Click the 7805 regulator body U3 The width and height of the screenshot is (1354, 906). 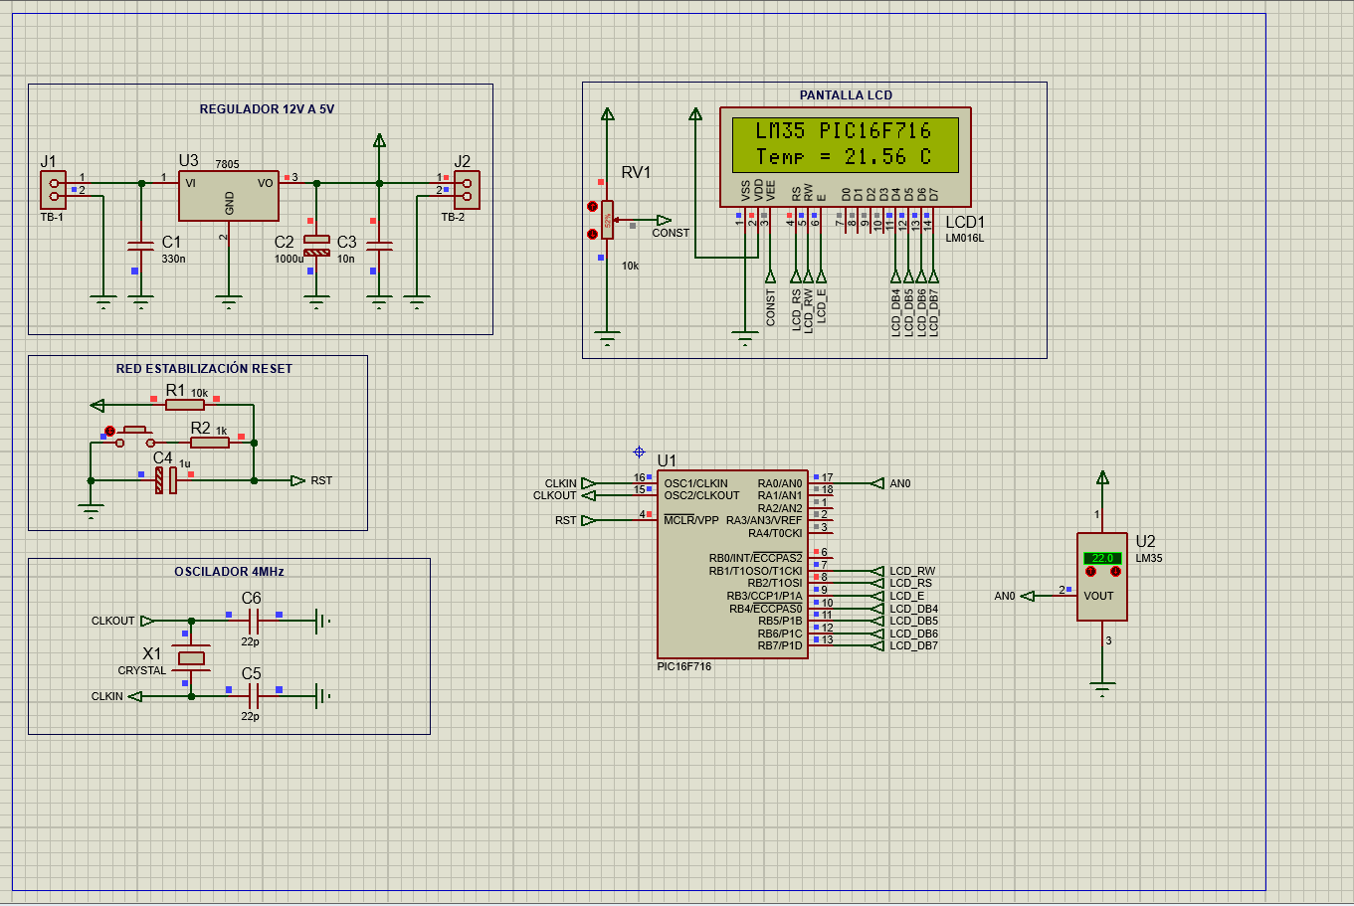[x=228, y=196]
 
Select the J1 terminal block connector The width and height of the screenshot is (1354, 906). [x=53, y=189]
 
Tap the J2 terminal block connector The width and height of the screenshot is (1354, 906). [x=466, y=189]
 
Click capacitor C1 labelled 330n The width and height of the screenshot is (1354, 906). [x=141, y=246]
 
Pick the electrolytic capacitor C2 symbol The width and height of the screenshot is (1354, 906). [x=316, y=246]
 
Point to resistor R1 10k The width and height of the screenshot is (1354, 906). [x=184, y=405]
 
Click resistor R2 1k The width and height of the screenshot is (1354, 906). [x=209, y=442]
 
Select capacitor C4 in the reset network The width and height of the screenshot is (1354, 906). [x=165, y=480]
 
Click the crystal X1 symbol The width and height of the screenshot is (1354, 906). [x=191, y=658]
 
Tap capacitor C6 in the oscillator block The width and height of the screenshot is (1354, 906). [x=253, y=621]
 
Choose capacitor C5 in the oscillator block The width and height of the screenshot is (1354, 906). [x=253, y=696]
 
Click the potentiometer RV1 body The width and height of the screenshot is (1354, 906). [x=607, y=219]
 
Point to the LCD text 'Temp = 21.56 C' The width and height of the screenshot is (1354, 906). [x=844, y=157]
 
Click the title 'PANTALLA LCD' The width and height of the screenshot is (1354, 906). [x=846, y=95]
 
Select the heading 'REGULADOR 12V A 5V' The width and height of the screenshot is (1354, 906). [x=267, y=109]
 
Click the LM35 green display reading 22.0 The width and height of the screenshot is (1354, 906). [x=1102, y=558]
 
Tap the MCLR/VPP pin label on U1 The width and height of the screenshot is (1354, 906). [x=690, y=520]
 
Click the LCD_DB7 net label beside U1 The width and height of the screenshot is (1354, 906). [x=913, y=645]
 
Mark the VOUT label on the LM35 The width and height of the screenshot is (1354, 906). [x=1098, y=596]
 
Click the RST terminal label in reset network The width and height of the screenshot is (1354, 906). [x=320, y=480]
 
